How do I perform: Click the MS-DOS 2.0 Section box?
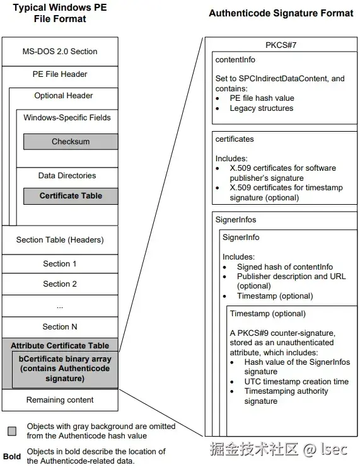coord(60,52)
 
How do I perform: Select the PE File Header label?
coord(60,74)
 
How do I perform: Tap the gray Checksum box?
coord(71,142)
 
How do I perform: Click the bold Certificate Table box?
coord(71,196)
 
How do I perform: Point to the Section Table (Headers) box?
coord(60,239)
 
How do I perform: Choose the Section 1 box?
coord(60,264)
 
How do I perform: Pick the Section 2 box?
coord(60,284)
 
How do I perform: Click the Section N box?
coord(60,326)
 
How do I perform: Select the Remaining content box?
coord(60,399)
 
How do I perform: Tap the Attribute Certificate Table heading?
coord(60,345)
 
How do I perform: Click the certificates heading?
coord(234,139)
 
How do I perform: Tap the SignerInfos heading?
coord(236,220)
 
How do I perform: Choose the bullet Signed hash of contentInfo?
coord(285,267)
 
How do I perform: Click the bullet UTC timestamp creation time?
coord(296,382)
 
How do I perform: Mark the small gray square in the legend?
coord(12,432)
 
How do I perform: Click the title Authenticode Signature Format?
coord(281,13)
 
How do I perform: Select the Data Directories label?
coord(67,175)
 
